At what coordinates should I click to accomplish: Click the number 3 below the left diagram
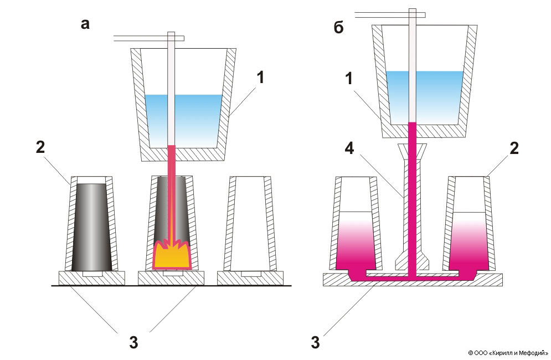click(x=133, y=342)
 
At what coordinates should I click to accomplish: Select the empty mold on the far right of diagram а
click(x=250, y=227)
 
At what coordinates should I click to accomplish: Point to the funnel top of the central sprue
click(x=411, y=150)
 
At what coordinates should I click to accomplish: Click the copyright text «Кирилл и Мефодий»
click(x=508, y=352)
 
